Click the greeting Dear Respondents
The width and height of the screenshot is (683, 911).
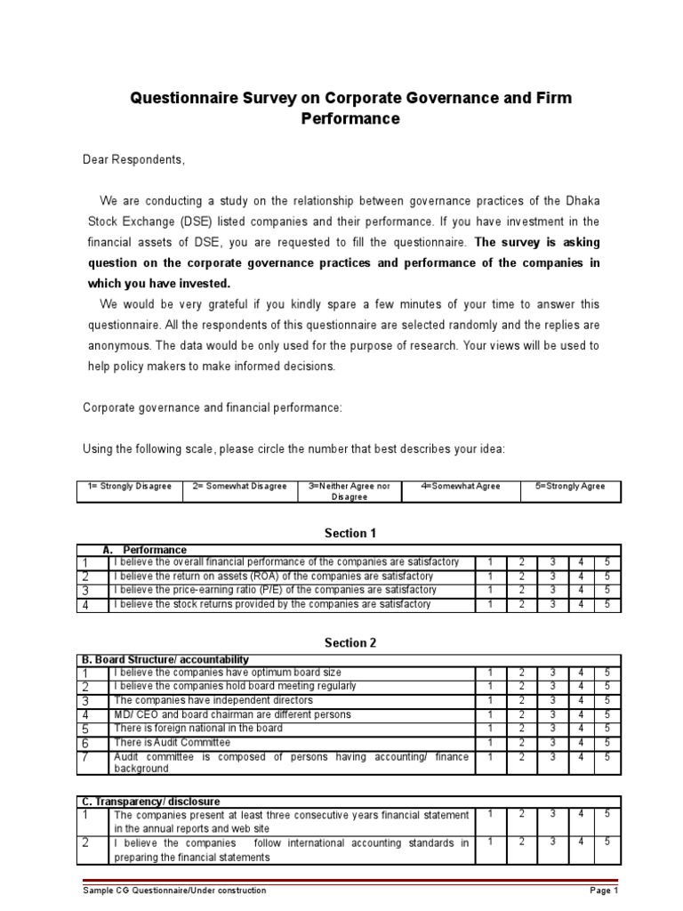(134, 159)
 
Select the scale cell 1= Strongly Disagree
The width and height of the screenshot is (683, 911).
(130, 487)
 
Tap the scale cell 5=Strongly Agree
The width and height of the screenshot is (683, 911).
(569, 487)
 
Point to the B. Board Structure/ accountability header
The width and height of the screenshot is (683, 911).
(165, 659)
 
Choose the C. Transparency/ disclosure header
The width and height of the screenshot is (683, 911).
(150, 802)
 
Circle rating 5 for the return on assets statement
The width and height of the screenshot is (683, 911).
(607, 576)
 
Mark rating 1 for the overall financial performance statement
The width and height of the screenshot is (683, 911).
(490, 562)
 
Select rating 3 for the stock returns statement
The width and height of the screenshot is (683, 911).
(552, 604)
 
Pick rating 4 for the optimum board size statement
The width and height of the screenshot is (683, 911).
(581, 673)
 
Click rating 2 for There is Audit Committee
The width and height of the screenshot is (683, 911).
(522, 742)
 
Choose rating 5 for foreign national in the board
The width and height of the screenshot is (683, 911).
(607, 728)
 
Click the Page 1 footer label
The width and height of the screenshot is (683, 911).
(603, 891)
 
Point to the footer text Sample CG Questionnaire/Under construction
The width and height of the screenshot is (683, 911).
(174, 891)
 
